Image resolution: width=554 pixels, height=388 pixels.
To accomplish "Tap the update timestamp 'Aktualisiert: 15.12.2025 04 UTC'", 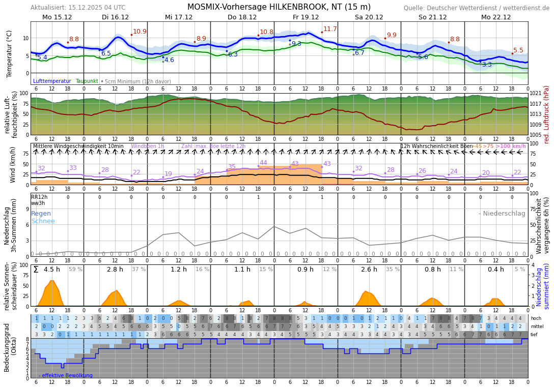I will pyautogui.click(x=78, y=8).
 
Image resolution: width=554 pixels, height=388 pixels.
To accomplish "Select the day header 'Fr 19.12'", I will pyautogui.click(x=306, y=17).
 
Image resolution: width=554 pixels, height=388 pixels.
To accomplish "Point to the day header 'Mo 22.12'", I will pyautogui.click(x=495, y=17).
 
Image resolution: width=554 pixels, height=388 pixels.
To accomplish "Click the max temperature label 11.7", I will pyautogui.click(x=330, y=29).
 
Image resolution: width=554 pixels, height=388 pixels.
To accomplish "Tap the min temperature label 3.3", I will pyautogui.click(x=487, y=65).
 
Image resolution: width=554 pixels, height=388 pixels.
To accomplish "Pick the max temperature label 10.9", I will pyautogui.click(x=140, y=32).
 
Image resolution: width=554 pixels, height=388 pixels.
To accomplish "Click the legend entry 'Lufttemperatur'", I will pyautogui.click(x=52, y=81).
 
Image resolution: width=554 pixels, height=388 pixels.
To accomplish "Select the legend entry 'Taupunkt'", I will pyautogui.click(x=87, y=81).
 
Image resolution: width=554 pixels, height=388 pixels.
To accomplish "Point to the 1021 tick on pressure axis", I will pyautogui.click(x=536, y=94).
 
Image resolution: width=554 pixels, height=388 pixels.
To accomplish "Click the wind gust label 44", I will pyautogui.click(x=263, y=163).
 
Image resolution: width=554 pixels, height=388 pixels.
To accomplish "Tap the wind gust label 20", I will pyautogui.click(x=486, y=173).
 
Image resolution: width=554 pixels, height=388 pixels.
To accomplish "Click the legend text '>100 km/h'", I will pyautogui.click(x=511, y=146).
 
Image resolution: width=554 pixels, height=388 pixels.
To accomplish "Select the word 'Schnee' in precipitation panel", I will pyautogui.click(x=43, y=221).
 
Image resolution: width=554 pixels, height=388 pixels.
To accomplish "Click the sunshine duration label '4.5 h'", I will pyautogui.click(x=52, y=270).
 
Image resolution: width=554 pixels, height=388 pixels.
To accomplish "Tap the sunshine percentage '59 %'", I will pyautogui.click(x=75, y=270).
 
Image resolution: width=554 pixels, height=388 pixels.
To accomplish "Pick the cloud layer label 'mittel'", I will pyautogui.click(x=536, y=326).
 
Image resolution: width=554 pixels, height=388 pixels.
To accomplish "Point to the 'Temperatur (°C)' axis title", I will pyautogui.click(x=9, y=53).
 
